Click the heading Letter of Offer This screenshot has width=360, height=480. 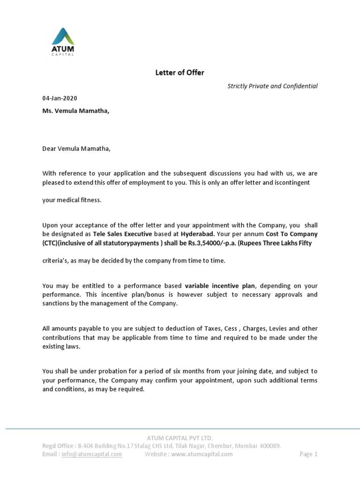click(180, 72)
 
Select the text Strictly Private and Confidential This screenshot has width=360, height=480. click(272, 86)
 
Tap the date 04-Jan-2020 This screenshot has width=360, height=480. click(60, 98)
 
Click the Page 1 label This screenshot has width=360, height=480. click(308, 454)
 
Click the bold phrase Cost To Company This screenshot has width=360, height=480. click(292, 234)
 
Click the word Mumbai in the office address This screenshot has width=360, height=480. click(239, 446)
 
